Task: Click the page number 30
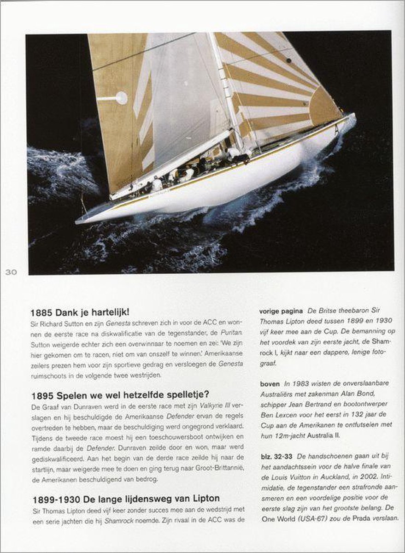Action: (11, 272)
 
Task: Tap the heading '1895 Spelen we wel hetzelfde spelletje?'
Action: (119, 394)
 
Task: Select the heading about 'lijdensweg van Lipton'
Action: (125, 498)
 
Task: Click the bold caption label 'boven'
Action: (270, 382)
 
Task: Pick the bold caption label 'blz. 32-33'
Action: (276, 456)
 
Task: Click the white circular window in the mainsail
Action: (122, 98)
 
